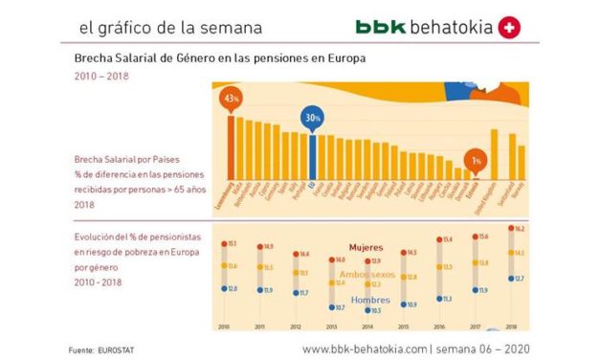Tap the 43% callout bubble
point(230,99)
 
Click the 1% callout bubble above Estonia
point(476,160)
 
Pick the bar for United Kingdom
point(495,153)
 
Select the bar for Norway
point(522,161)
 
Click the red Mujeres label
point(366,246)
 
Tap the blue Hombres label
point(369,300)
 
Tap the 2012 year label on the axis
point(296,326)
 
